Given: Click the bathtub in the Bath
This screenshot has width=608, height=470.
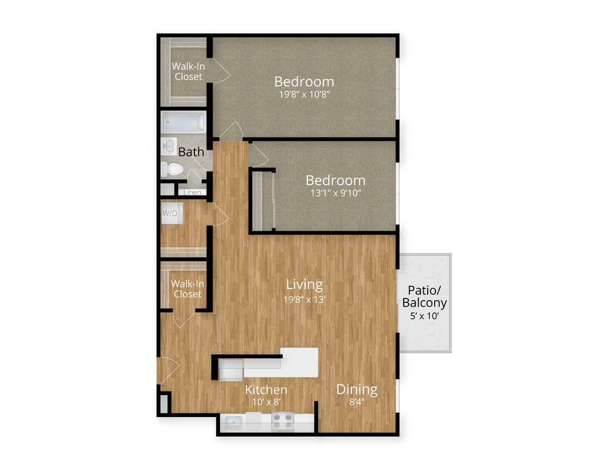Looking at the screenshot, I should (183, 122).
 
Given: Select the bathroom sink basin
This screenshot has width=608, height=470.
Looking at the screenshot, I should (169, 146).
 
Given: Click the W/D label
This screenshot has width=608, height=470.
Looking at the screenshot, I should (170, 213).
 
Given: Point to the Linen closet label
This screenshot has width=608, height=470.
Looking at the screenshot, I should (192, 193).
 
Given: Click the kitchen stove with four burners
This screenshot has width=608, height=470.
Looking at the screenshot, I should (283, 422).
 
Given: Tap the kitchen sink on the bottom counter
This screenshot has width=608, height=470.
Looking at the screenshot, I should (233, 423).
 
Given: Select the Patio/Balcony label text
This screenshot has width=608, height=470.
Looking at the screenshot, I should (424, 296).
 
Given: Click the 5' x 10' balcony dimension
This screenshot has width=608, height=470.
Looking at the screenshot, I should (424, 316).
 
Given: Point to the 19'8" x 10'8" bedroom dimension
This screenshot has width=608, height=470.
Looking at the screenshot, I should (304, 95).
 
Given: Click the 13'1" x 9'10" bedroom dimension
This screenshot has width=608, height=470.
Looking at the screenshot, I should (335, 194).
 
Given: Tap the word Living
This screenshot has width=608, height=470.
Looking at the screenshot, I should (304, 285).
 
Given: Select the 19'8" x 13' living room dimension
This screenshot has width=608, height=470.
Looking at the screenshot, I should (304, 299).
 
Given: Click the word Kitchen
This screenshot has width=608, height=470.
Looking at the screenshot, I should (266, 390).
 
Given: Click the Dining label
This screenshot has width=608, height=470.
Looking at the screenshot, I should (356, 389).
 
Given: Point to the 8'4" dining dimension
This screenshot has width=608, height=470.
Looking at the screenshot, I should (356, 403).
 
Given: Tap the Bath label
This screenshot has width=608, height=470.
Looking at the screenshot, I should (191, 151).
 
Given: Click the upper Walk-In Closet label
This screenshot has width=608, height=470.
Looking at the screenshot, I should (188, 72).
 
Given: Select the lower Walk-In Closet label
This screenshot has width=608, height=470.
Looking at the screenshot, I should (187, 288).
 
